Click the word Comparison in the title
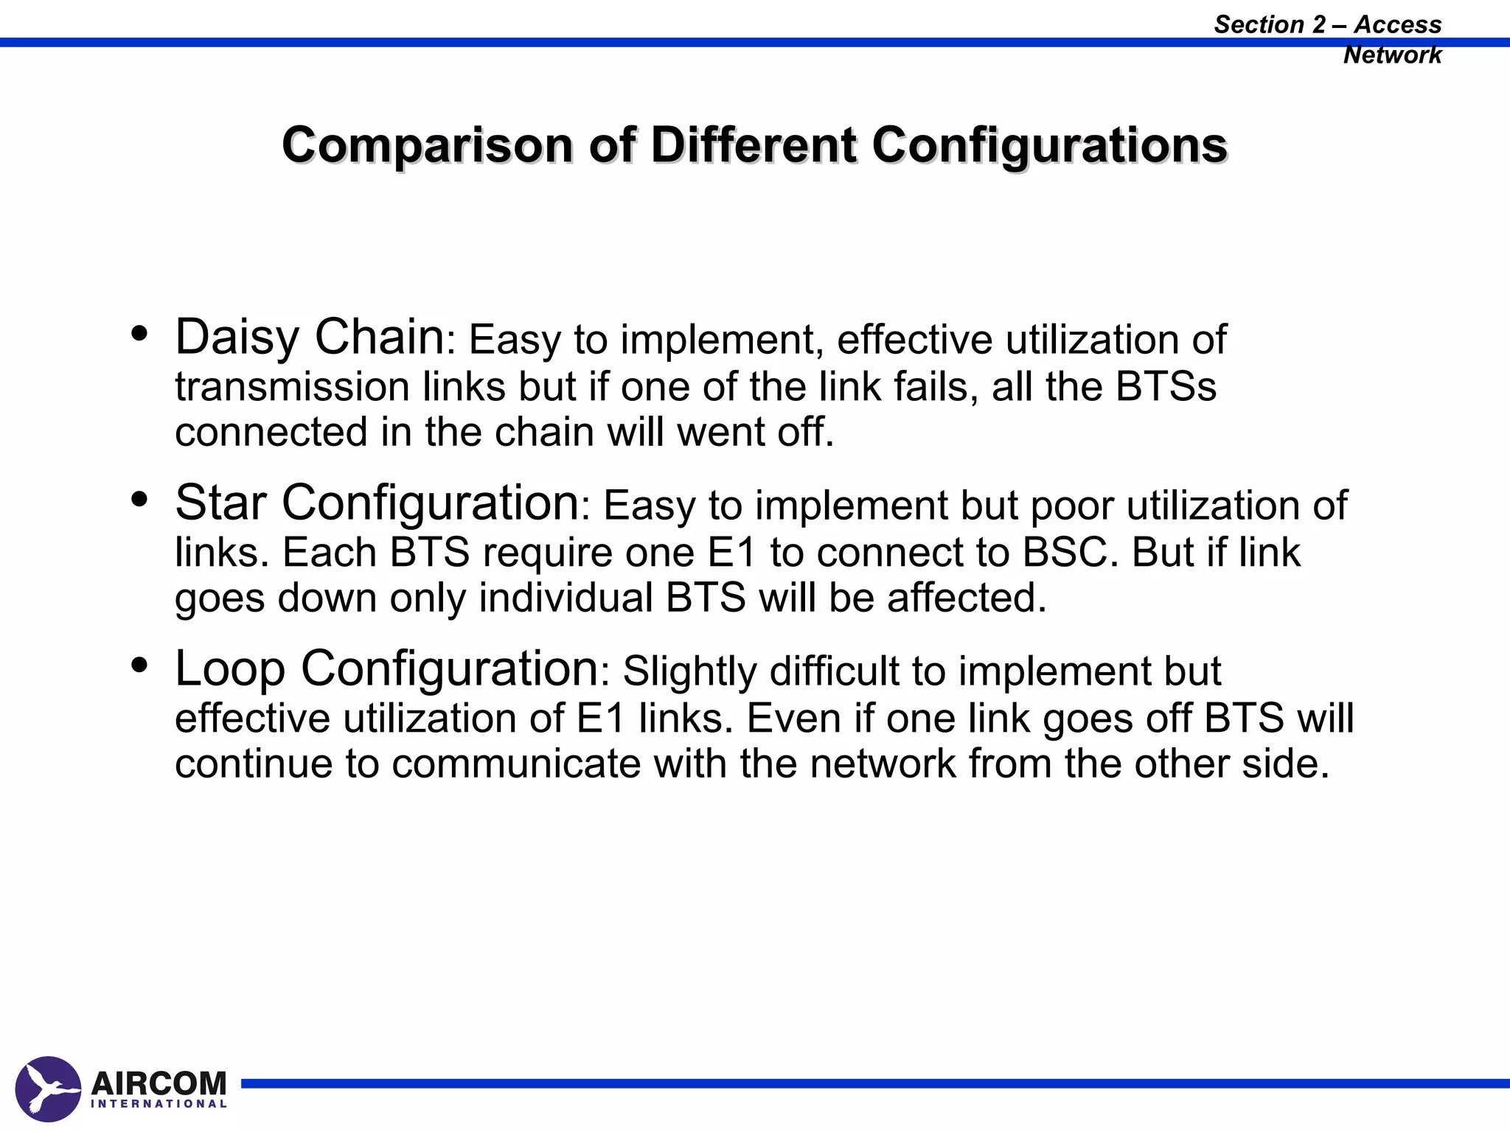(x=427, y=145)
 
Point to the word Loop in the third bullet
(x=229, y=668)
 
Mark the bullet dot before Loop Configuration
(x=139, y=666)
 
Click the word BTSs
(x=1166, y=386)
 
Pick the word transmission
(x=292, y=386)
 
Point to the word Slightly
(x=689, y=671)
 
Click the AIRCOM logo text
(x=159, y=1083)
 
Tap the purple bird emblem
(x=48, y=1089)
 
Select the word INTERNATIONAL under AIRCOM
(x=159, y=1104)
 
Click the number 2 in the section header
(x=1319, y=24)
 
